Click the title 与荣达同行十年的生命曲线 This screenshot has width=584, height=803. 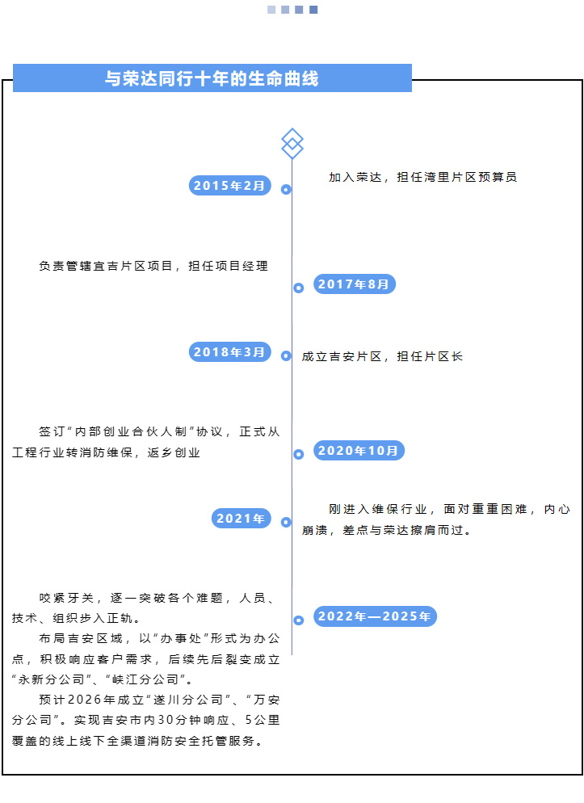pos(212,78)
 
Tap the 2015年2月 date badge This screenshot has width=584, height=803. pos(230,185)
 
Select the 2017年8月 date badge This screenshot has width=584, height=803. pos(354,284)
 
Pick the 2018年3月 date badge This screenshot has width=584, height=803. pos(230,352)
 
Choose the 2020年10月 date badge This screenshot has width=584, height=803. pos(359,450)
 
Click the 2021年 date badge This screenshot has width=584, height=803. pos(241,519)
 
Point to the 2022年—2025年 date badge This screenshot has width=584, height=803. pos(375,616)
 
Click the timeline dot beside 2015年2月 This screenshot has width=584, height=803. pos(286,190)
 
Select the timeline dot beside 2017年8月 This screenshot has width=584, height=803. pos(298,288)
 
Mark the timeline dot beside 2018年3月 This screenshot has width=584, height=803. pos(286,355)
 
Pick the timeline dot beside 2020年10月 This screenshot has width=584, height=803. pos(298,454)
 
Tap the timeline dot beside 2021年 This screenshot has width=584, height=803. pos(286,522)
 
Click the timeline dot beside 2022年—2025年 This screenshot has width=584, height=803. pos(298,620)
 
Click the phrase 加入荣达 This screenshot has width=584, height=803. pos(355,177)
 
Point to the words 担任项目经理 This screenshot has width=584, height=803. pos(229,266)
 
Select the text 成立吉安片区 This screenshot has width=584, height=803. pos(342,356)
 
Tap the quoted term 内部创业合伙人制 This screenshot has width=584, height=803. pos(131,431)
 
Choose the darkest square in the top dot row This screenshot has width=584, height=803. pos(313,10)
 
